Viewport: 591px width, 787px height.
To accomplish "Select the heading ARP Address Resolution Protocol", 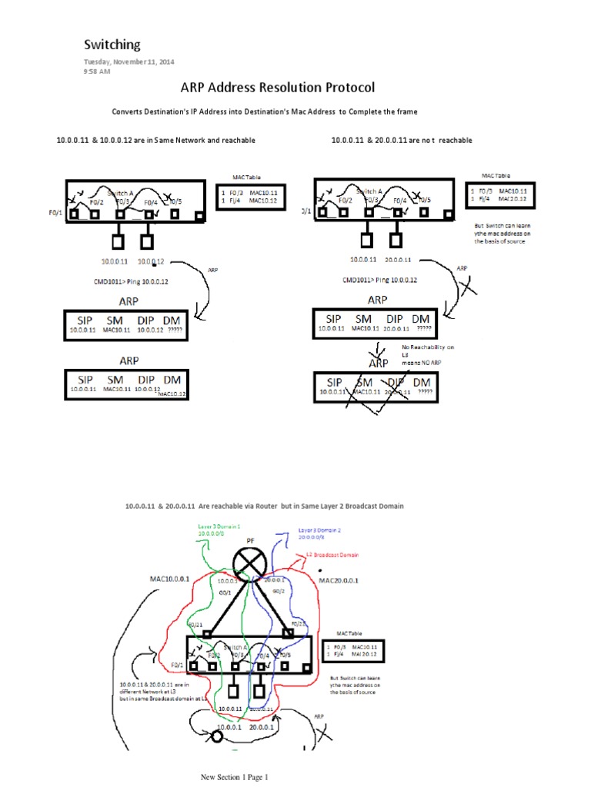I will coord(267,88).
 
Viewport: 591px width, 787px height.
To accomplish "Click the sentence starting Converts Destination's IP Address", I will coord(265,112).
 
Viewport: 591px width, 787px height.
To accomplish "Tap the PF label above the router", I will coord(250,542).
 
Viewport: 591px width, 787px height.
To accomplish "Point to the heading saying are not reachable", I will coord(402,141).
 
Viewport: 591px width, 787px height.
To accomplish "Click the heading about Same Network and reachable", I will coord(155,141).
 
